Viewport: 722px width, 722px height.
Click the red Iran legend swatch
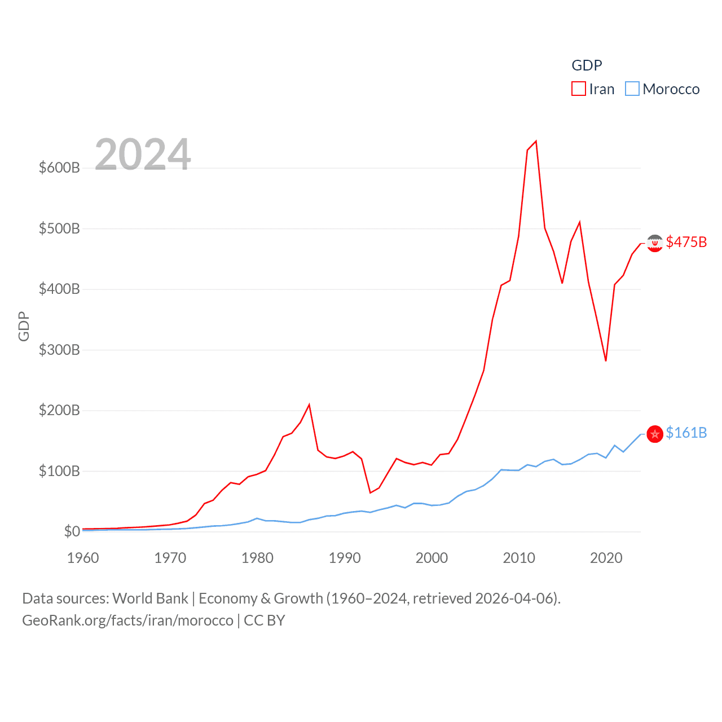pos(579,89)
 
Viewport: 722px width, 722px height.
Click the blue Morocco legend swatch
pos(632,89)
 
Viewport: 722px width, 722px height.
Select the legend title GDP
pos(587,65)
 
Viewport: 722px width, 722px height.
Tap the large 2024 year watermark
pos(143,154)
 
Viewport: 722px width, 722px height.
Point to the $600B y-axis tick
pos(59,168)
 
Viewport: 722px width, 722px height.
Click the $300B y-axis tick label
pos(59,350)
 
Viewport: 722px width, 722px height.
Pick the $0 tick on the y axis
pos(72,531)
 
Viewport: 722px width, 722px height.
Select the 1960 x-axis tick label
pos(83,558)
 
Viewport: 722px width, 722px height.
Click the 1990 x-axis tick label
pos(345,558)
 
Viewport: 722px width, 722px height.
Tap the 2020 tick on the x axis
pos(606,558)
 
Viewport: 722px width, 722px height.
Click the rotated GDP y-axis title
pos(24,326)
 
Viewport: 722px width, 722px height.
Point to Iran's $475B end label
pos(686,242)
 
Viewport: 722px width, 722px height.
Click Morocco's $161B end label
pos(686,433)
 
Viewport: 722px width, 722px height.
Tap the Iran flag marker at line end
pos(655,243)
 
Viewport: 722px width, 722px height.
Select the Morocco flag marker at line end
pos(655,434)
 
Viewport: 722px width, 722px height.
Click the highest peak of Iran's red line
pos(536,141)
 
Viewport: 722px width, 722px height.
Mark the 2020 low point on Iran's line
pos(606,360)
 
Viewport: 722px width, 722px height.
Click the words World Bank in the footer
pos(150,598)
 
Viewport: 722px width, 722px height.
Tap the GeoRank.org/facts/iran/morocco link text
pos(127,620)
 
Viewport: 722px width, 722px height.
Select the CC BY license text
pos(265,620)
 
